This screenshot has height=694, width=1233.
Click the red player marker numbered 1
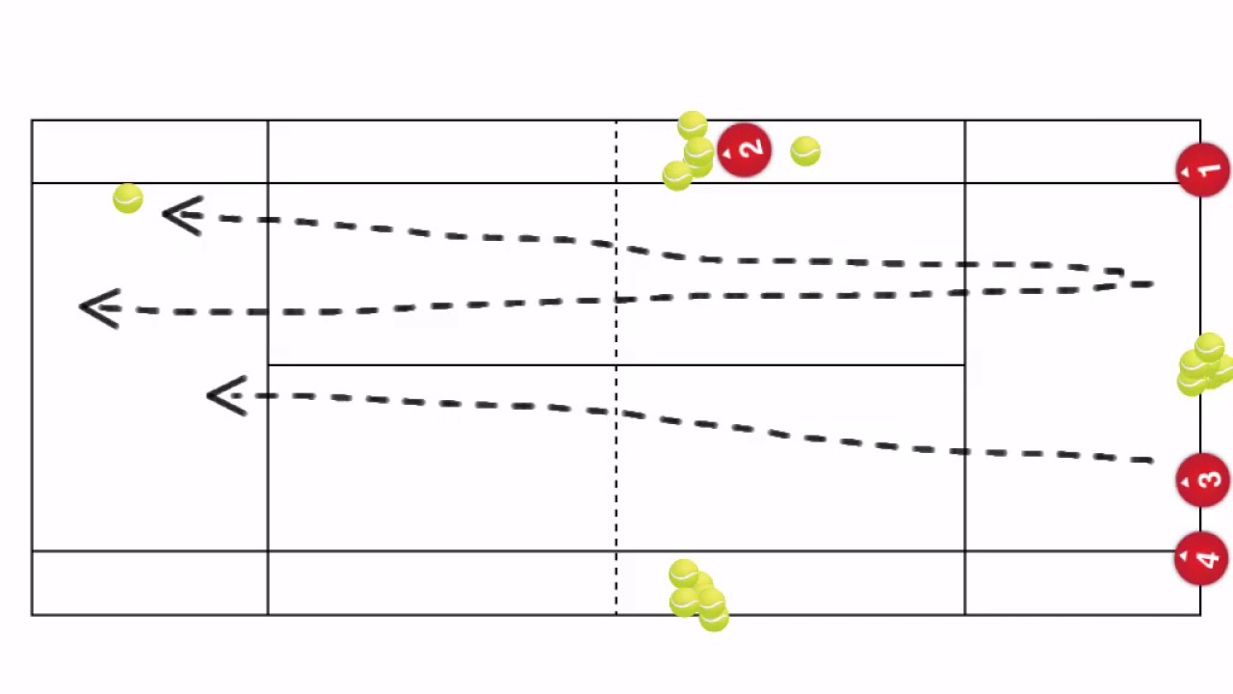[x=1202, y=171]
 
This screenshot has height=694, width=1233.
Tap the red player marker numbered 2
[x=744, y=150]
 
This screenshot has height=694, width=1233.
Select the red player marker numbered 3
[x=1202, y=480]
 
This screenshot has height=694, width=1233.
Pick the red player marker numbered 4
[x=1201, y=558]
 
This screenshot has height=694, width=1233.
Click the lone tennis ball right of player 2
[x=805, y=151]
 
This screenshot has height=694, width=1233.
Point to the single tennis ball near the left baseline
[x=127, y=199]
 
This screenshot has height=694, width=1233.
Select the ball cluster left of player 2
[x=690, y=152]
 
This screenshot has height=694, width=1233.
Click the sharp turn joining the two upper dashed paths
[x=1123, y=276]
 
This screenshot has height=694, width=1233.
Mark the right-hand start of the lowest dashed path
[x=1151, y=461]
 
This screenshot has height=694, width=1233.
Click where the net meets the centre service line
[x=616, y=365]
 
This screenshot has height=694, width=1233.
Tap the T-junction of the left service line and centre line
[x=268, y=365]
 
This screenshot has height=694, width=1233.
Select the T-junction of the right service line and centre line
[x=965, y=365]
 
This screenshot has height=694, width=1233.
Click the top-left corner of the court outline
[x=32, y=120]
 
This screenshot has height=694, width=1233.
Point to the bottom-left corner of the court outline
[x=32, y=615]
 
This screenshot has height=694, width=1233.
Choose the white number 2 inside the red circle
[x=752, y=149]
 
